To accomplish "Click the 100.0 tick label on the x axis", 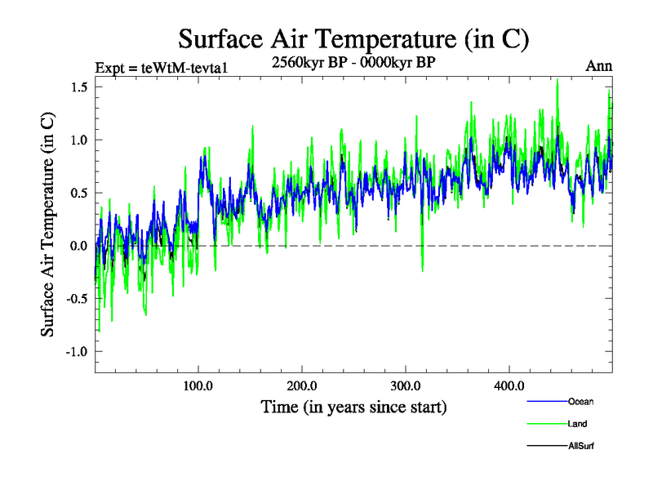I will pos(198,385).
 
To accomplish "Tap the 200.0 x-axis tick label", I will pos(302,385).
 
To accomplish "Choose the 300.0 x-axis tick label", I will pos(406,385).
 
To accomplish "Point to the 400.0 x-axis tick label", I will pos(509,385).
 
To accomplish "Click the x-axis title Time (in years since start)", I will pos(353,407).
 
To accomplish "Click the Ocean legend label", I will pos(580,402).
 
